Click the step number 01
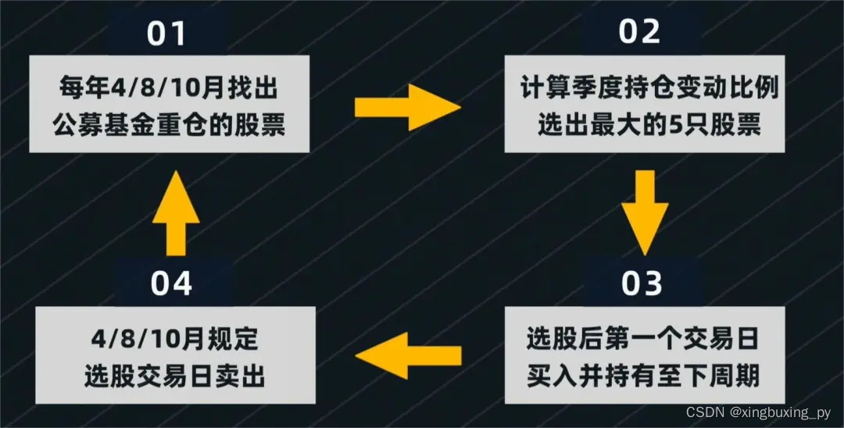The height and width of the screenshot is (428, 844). [168, 34]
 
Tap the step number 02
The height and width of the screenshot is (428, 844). [640, 31]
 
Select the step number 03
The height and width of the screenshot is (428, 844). [642, 284]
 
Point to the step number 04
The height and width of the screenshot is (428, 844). [171, 284]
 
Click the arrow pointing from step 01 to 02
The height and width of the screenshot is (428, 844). [406, 109]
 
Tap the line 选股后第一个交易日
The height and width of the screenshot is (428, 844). [642, 341]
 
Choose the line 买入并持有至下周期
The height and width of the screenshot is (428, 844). [642, 378]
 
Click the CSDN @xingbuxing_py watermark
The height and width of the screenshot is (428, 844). [758, 412]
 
